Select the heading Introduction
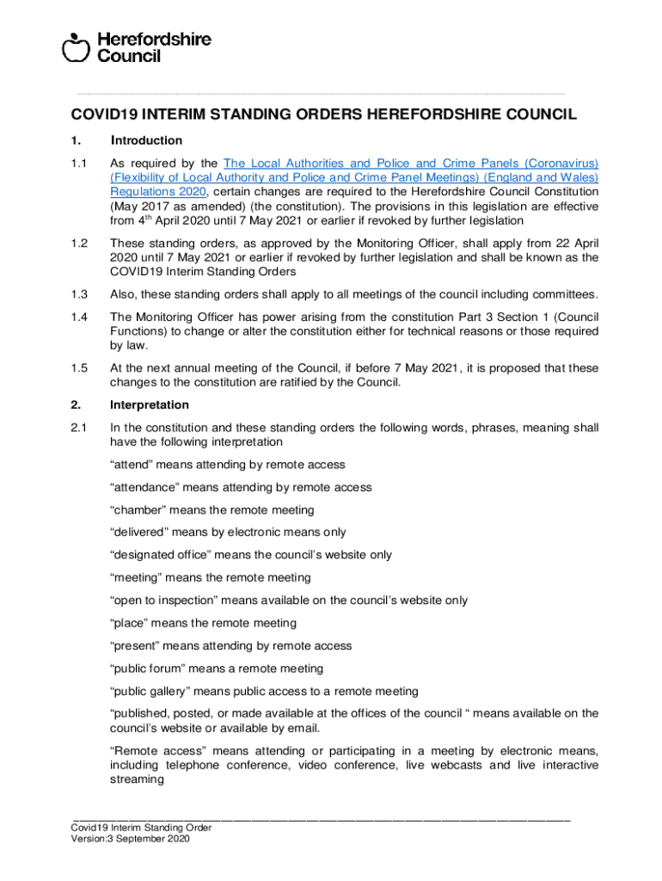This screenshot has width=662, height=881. [x=146, y=140]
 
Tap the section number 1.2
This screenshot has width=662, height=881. [x=80, y=243]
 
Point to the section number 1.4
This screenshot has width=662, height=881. [x=80, y=317]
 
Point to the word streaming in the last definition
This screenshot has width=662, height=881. [x=137, y=779]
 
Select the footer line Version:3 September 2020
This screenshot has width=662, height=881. [x=130, y=840]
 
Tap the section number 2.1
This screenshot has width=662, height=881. [x=80, y=428]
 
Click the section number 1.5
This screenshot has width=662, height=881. [x=80, y=368]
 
